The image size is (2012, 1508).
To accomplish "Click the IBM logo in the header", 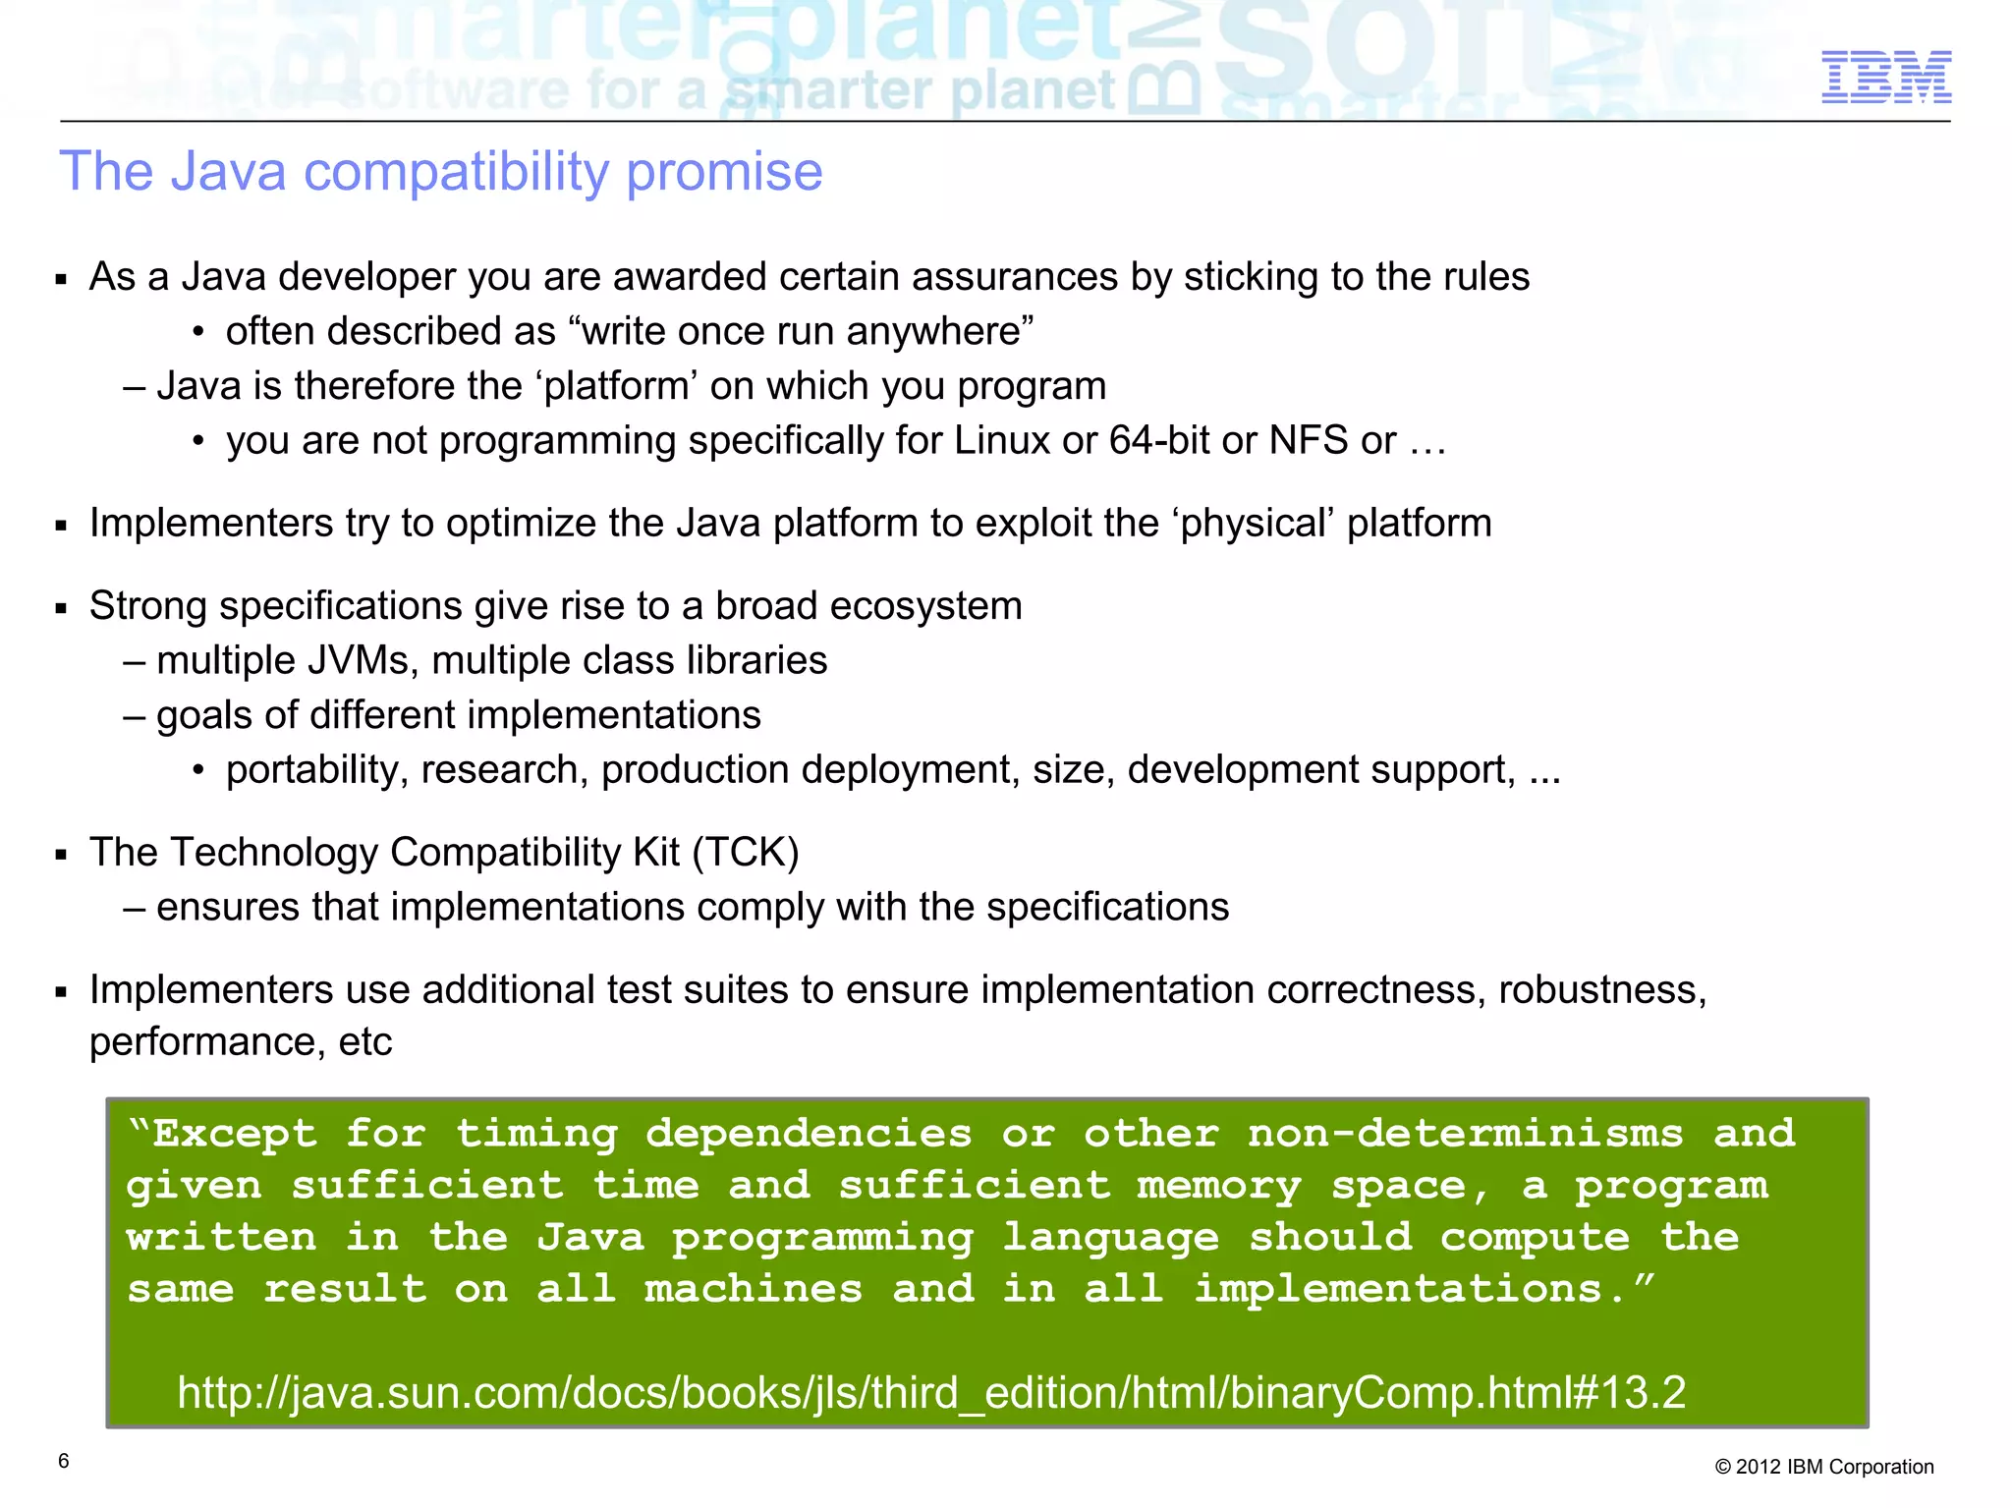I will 1885,77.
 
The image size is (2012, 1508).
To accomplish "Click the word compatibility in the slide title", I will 456,172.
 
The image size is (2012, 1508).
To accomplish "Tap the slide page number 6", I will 64,1461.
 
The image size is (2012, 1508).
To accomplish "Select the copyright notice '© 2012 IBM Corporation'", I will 1823,1467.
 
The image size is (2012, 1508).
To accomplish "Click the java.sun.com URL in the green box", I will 930,1392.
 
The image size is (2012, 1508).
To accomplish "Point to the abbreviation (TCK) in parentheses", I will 746,852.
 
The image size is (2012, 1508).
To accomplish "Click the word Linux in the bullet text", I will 1001,440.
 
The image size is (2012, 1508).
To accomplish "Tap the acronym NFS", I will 1308,440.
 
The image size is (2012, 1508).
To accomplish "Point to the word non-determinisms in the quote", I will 1465,1134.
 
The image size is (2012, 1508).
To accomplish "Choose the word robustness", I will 1601,989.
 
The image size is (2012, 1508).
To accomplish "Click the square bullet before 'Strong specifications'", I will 62,609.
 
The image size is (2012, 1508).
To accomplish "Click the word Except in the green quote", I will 234,1134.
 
